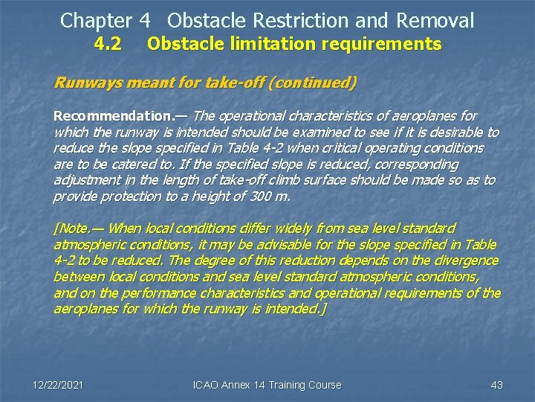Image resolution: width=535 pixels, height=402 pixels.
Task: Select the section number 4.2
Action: (x=108, y=45)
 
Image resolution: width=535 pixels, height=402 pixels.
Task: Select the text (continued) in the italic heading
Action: (x=314, y=83)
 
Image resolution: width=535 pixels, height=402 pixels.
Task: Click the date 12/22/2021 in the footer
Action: (x=58, y=385)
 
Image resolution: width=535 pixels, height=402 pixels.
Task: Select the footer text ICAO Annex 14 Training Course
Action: (x=267, y=385)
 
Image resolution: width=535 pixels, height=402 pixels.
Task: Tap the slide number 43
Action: (x=497, y=385)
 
